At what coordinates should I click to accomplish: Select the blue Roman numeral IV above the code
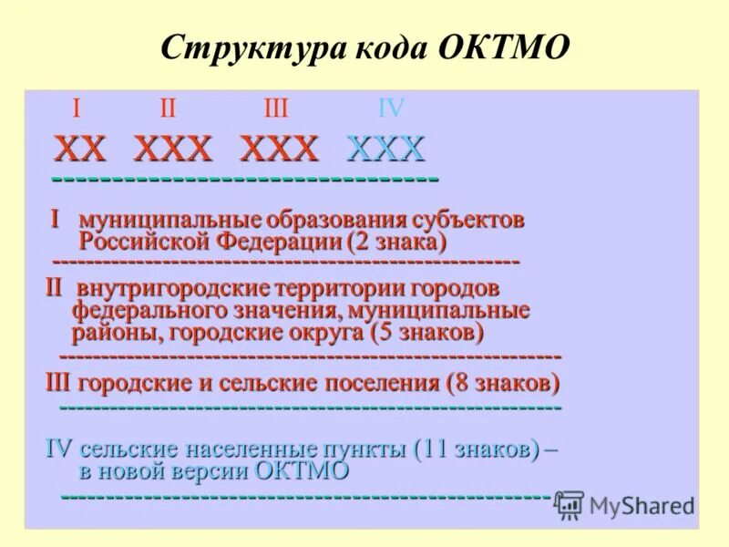pos(391,108)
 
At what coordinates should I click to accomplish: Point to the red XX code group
pos(80,148)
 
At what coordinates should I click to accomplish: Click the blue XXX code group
pos(386,148)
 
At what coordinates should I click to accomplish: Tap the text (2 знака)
pos(396,243)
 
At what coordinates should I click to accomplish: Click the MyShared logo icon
pos(570,505)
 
